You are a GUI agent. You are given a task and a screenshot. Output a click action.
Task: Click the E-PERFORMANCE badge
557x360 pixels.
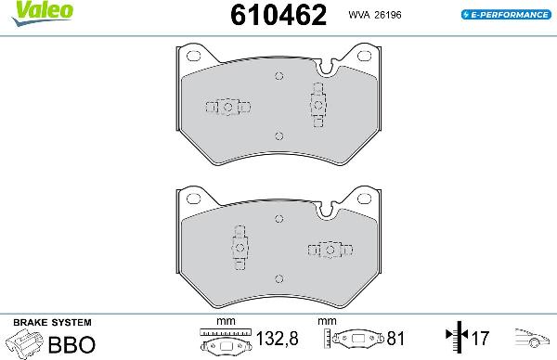502,16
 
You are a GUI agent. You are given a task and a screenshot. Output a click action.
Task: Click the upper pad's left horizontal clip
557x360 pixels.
227,107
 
